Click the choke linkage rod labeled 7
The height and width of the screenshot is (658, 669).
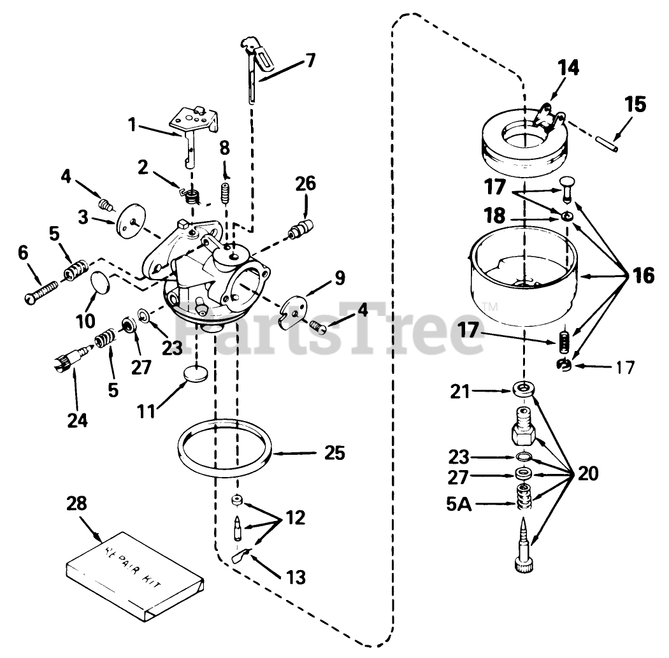point(256,70)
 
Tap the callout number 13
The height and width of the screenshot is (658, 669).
point(295,578)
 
